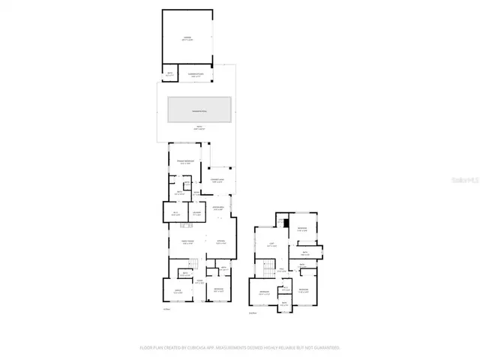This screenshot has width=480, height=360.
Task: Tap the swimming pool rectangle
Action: click(199, 110)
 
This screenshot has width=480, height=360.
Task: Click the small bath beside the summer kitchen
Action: click(170, 74)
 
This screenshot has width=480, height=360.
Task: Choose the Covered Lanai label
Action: click(218, 180)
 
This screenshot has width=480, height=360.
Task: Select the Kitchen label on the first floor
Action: click(221, 241)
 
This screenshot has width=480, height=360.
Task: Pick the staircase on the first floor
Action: click(191, 262)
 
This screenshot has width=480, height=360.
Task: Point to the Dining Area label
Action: click(218, 208)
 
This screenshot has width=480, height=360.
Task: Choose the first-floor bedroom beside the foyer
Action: click(218, 290)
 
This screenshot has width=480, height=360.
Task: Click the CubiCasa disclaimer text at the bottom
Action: click(240, 348)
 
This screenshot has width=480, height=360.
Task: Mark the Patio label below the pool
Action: click(199, 130)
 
